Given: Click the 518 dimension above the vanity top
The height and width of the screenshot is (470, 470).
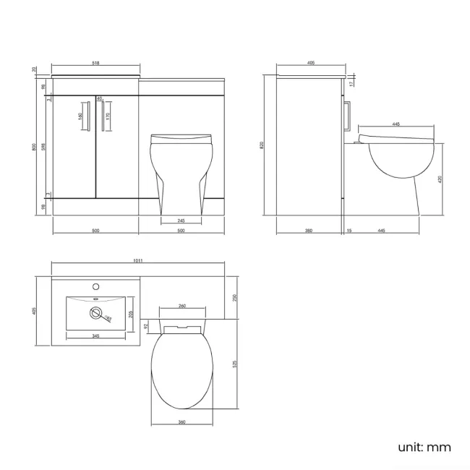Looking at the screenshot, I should pyautogui.click(x=95, y=63).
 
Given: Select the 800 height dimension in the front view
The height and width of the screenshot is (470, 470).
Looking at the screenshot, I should pyautogui.click(x=33, y=146).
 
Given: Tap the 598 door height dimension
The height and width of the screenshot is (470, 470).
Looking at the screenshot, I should pyautogui.click(x=43, y=147).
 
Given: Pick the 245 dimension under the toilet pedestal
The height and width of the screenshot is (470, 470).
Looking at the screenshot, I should pyautogui.click(x=180, y=221).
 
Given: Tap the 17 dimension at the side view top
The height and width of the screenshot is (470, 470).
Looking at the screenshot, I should pyautogui.click(x=352, y=82).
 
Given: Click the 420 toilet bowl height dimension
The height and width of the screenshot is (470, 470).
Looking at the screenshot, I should pyautogui.click(x=440, y=179).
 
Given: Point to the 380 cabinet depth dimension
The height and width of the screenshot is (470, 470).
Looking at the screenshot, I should pyautogui.click(x=309, y=231).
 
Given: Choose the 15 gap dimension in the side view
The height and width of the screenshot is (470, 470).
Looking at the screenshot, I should pyautogui.click(x=349, y=231).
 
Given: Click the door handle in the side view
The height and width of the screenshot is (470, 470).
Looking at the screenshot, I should pyautogui.click(x=348, y=116).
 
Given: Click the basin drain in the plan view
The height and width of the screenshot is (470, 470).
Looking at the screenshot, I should pyautogui.click(x=93, y=312).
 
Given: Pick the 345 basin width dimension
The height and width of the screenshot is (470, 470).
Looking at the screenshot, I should pyautogui.click(x=95, y=337).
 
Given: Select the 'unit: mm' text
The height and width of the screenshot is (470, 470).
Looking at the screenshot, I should pyautogui.click(x=424, y=447).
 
